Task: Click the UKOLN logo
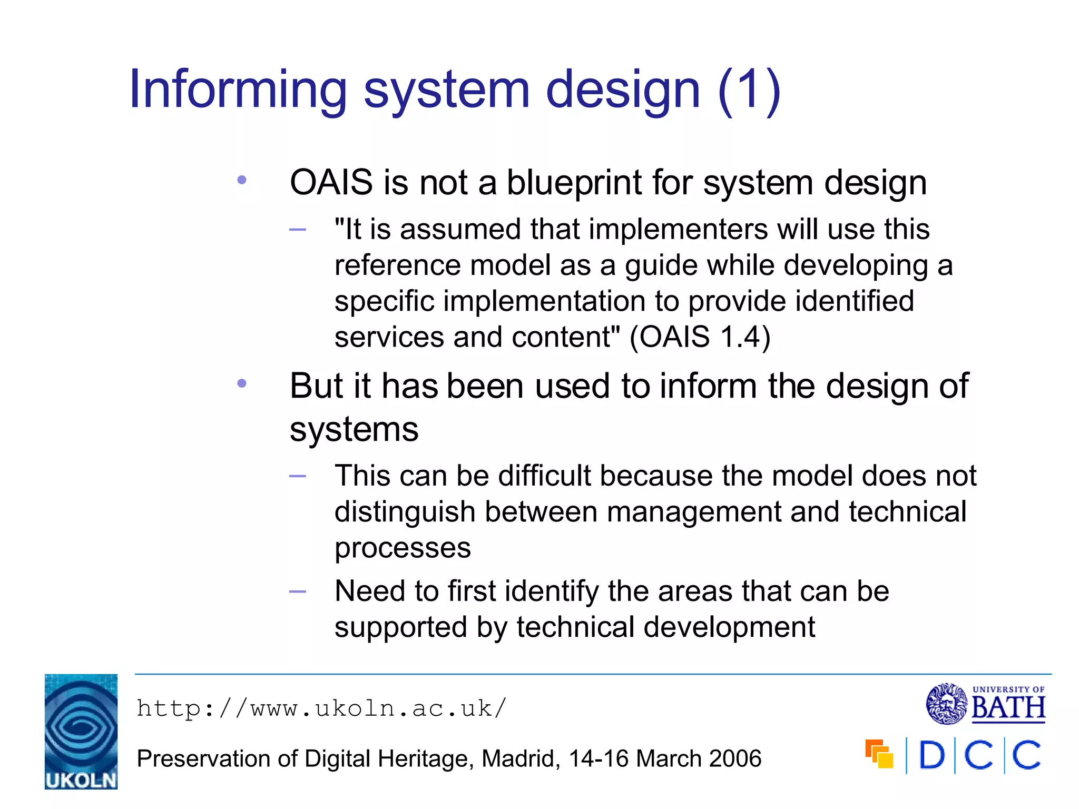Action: [81, 731]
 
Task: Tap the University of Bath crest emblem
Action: [946, 704]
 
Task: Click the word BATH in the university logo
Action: [1008, 708]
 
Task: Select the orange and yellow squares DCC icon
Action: [879, 754]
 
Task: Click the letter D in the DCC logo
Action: [932, 755]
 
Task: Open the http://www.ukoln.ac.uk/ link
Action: [321, 708]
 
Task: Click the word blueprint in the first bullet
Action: [574, 183]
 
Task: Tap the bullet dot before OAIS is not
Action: [242, 180]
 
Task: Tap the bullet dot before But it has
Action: [242, 383]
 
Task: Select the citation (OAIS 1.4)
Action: [700, 337]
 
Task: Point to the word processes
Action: [403, 548]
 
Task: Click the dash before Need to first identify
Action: [298, 591]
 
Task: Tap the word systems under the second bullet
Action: [354, 429]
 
